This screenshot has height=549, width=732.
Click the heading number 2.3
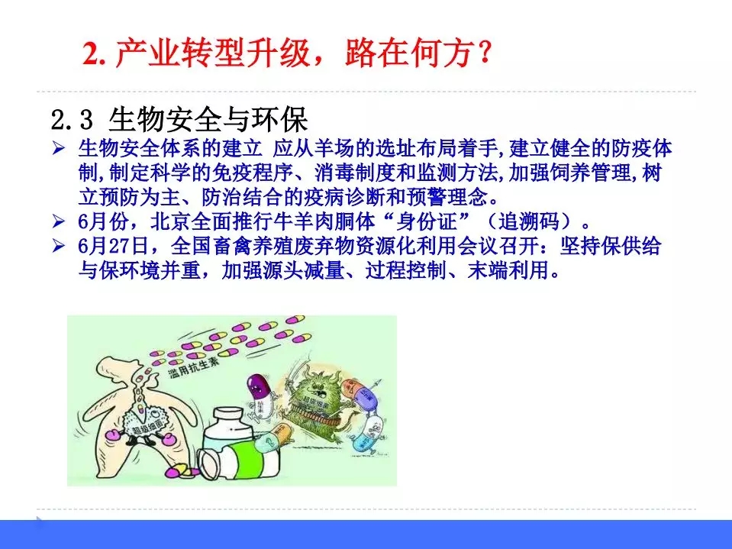[72, 121]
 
